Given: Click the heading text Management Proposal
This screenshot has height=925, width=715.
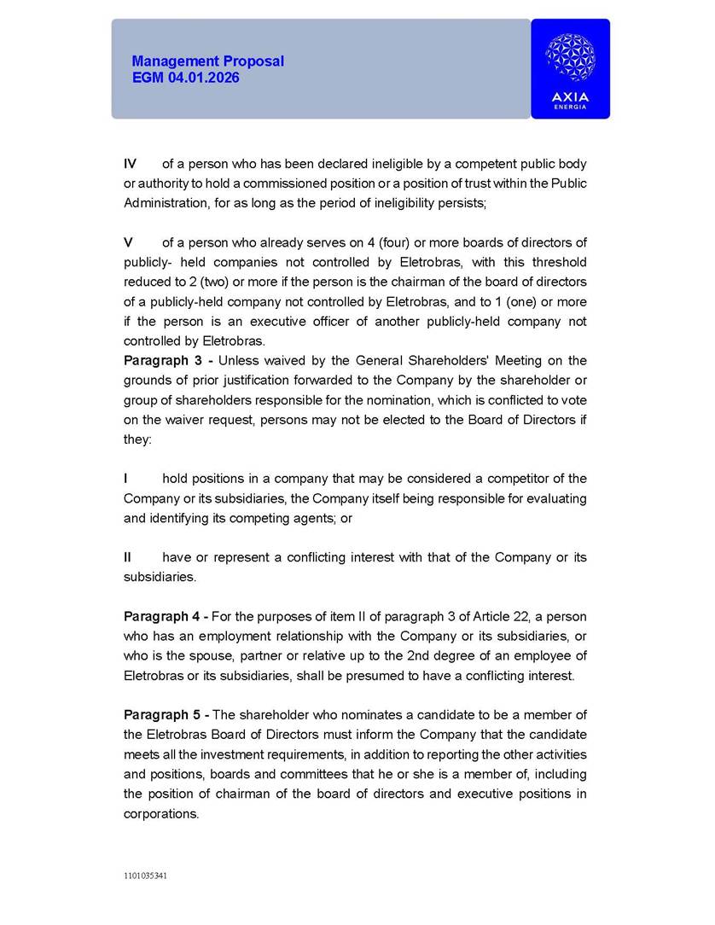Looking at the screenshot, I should pos(207,61).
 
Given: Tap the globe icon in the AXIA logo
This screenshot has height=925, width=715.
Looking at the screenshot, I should pos(570,58).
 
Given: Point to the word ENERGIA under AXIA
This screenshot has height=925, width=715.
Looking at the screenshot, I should pos(570,107).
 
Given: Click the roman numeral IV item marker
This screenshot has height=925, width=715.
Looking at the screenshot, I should pos(131,164).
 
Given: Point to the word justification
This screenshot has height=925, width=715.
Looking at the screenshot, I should pos(265,381).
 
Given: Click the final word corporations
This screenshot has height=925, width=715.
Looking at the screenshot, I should pos(160,814).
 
